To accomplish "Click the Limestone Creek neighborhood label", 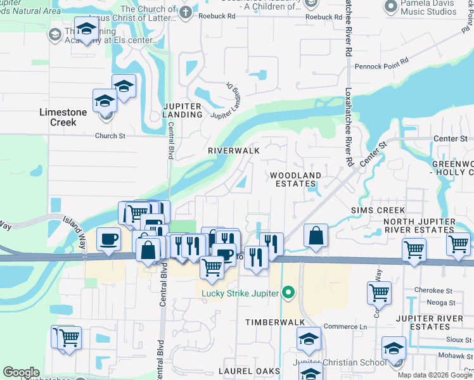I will click(67, 117).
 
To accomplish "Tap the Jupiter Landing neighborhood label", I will click(182, 110).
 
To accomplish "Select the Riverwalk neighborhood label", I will click(234, 151).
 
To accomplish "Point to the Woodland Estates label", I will click(295, 179).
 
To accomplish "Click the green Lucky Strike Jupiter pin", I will click(288, 293).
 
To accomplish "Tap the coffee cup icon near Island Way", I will click(108, 239).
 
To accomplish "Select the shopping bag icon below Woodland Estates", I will click(315, 237).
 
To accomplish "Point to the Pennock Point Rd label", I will click(381, 66).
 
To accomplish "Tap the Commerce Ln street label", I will click(345, 327).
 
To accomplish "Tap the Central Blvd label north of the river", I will click(170, 142).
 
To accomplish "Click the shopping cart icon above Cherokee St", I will click(378, 293).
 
